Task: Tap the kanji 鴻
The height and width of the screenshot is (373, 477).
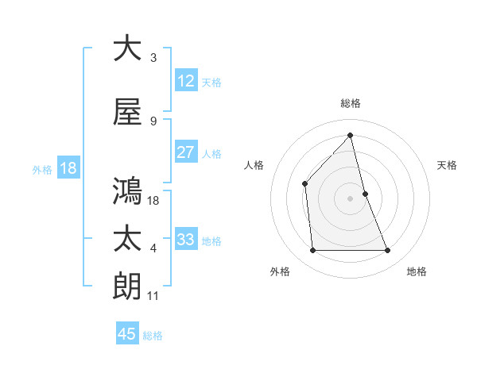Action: pos(127,191)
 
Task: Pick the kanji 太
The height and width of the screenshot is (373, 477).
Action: pos(127,239)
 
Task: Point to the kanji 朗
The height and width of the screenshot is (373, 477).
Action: pos(127,286)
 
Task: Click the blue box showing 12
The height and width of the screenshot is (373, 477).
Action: pos(185,81)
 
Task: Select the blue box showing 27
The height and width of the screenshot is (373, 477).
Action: pos(185,152)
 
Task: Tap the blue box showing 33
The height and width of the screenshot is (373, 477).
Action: pos(185,240)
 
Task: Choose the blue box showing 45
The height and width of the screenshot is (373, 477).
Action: pos(127,334)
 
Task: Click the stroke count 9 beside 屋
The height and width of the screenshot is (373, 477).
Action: pos(153,121)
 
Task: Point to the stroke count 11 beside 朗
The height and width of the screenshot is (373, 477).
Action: pos(154,295)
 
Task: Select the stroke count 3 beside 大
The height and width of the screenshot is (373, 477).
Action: pos(153,57)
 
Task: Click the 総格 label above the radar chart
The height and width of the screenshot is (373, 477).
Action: pos(351,103)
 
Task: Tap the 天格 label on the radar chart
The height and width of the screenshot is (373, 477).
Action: pos(447,165)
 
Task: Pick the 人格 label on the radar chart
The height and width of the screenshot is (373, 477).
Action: pos(254,165)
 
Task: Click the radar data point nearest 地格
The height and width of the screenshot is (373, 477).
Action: pos(388,251)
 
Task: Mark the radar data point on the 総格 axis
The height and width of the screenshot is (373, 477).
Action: pos(350,136)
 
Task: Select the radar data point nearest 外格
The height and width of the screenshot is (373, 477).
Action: pos(312,251)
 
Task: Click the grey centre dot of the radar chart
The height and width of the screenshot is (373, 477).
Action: pos(350,198)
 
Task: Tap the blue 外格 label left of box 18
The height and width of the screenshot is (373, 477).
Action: pos(41,169)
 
